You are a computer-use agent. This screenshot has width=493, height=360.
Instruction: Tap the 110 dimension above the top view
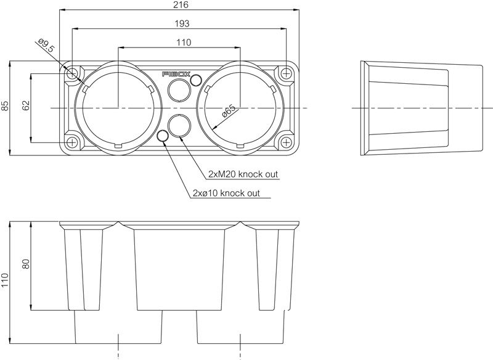[183, 43]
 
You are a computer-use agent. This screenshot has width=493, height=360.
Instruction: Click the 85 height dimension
[6, 106]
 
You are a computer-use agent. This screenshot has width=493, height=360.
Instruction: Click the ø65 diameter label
[229, 112]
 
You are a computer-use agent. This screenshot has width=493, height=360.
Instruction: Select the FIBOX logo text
[176, 74]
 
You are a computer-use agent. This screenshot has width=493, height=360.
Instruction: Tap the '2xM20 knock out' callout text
[243, 174]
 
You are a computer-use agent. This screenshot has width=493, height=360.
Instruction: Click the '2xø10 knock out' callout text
[226, 193]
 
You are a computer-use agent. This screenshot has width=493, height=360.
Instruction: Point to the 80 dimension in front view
[25, 264]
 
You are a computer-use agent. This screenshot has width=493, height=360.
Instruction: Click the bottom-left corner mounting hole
[73, 142]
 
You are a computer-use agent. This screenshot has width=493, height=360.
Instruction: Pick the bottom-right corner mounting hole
[286, 142]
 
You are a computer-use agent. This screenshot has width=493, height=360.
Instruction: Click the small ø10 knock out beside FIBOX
[196, 80]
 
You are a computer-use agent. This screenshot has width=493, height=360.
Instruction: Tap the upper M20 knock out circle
[179, 90]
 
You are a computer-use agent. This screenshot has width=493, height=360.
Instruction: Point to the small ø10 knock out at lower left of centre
[163, 136]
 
